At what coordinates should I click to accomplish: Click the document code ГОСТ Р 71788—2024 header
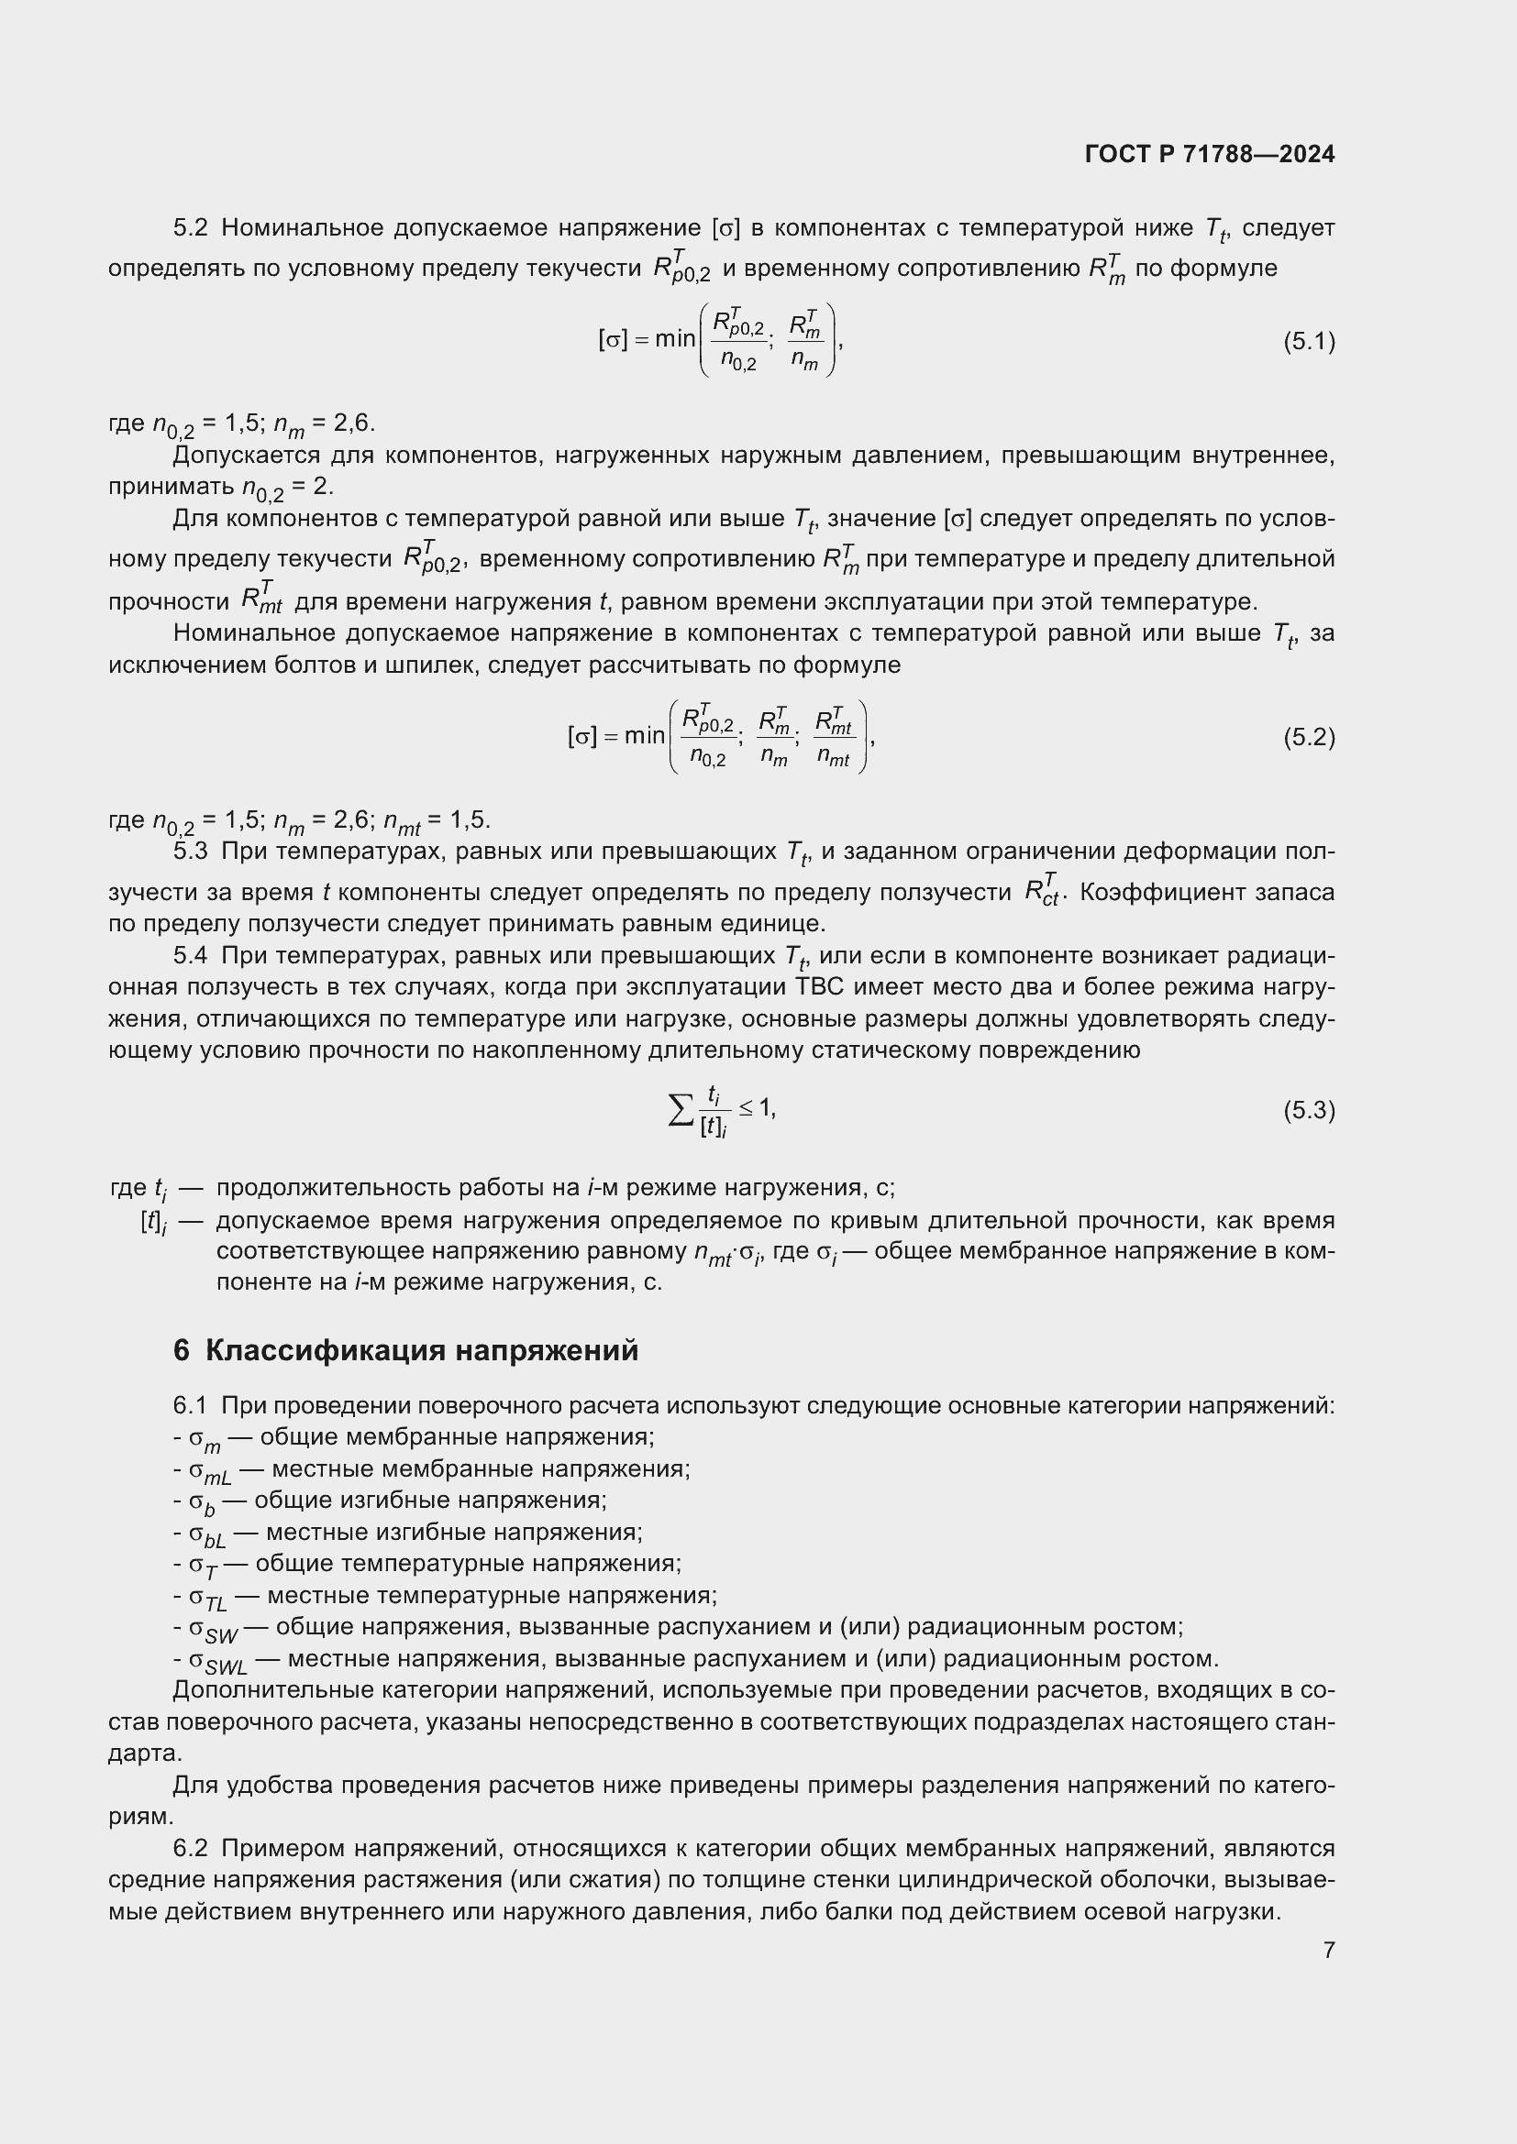pyautogui.click(x=1210, y=154)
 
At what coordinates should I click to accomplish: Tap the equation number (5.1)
pyautogui.click(x=1309, y=341)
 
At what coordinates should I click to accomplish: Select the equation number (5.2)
pyautogui.click(x=1309, y=738)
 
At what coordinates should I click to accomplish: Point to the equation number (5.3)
pyautogui.click(x=1309, y=1110)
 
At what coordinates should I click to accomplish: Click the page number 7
pyautogui.click(x=1328, y=1950)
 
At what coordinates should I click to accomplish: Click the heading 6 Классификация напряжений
pyautogui.click(x=405, y=1351)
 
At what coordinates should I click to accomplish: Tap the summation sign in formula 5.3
pyautogui.click(x=681, y=1110)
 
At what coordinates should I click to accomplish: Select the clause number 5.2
pyautogui.click(x=191, y=228)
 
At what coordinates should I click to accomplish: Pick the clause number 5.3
pyautogui.click(x=191, y=852)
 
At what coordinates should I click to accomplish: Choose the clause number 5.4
pyautogui.click(x=191, y=956)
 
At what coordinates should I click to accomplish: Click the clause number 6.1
pyautogui.click(x=191, y=1406)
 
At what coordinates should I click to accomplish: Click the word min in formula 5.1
pyautogui.click(x=674, y=339)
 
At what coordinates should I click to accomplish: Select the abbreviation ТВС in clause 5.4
pyautogui.click(x=818, y=988)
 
